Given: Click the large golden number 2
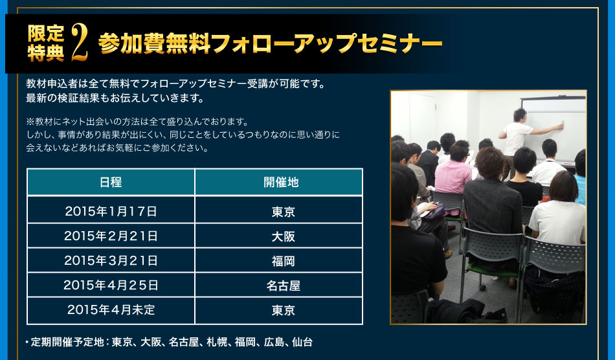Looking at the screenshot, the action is pos(80,43).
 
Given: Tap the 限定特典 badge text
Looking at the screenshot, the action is pos(46,43).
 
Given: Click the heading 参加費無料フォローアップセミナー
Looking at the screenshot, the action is pos(270,43).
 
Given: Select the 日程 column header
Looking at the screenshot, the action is pos(111,183).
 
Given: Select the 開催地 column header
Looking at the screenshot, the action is pos(281,183).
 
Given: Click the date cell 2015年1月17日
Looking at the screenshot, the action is pos(111,211).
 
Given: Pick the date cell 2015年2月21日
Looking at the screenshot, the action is pos(111,236).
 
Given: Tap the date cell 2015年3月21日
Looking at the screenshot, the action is pos(111,261).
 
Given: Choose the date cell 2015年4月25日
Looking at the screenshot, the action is pos(111,285).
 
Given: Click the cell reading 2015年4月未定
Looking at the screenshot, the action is pos(111,309).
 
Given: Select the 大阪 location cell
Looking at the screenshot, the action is pos(283,236).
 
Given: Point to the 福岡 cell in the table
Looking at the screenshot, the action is pos(283,261).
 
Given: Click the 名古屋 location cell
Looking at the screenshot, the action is pos(283,286).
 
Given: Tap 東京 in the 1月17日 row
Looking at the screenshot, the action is pos(283,212).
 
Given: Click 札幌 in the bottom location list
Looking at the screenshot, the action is pos(217,343).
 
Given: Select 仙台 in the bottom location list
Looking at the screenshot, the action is pos(302,343).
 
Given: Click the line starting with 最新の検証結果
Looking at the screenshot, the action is pos(115,98).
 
